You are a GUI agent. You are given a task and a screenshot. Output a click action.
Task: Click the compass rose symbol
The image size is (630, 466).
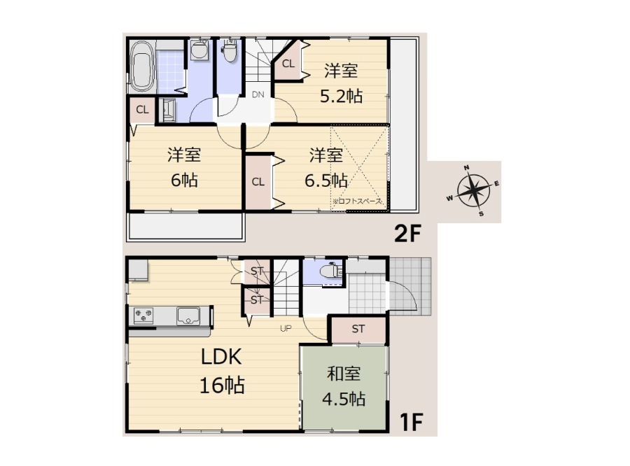[x=474, y=190]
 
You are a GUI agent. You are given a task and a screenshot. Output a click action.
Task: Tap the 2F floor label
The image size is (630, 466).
[x=407, y=234]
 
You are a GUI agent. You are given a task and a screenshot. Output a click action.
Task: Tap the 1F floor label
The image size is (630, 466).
[x=411, y=421]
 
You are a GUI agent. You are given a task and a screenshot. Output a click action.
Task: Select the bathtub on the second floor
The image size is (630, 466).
[x=143, y=66]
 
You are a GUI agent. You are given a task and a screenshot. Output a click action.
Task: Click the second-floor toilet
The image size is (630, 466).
[x=230, y=51]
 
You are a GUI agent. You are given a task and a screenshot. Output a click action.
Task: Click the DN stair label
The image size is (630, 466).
[x=258, y=94]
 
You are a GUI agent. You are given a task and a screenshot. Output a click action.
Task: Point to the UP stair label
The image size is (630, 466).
[x=286, y=329]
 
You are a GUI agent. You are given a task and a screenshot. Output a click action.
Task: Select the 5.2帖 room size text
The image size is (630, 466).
[x=341, y=97]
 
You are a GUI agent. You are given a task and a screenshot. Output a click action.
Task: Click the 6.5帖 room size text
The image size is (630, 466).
[x=325, y=181]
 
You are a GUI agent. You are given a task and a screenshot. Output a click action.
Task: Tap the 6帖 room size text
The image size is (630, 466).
[x=184, y=181]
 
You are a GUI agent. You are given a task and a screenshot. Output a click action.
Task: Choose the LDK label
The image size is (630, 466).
[x=221, y=357]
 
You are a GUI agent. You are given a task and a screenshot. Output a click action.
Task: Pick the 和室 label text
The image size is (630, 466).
[x=344, y=374]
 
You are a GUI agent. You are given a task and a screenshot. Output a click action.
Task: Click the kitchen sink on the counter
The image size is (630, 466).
[x=188, y=316]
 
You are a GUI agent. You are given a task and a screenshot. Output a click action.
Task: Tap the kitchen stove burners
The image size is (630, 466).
[x=143, y=316]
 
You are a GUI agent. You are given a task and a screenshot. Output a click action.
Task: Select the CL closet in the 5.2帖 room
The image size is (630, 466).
[x=288, y=64]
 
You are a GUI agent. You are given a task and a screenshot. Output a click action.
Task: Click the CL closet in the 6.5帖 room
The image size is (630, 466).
[x=258, y=183]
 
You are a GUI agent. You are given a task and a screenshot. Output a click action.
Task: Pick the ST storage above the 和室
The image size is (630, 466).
[x=358, y=330]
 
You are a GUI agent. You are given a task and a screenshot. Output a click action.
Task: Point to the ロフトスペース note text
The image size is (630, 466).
[x=357, y=202]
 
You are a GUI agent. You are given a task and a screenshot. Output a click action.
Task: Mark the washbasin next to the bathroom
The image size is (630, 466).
[x=199, y=50]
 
